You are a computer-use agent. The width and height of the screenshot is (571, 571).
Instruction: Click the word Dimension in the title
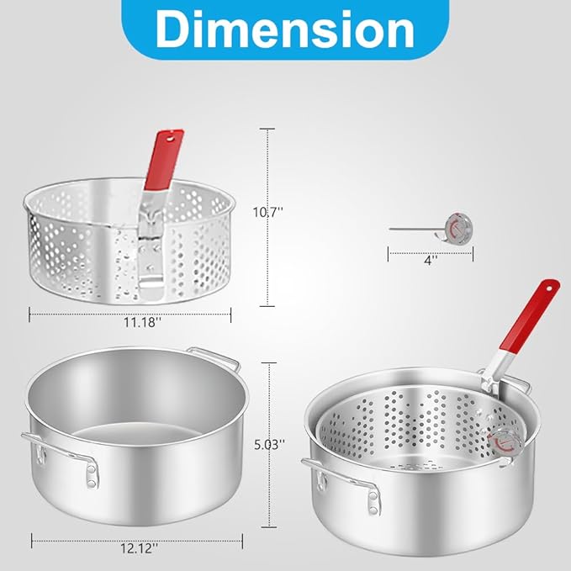285,29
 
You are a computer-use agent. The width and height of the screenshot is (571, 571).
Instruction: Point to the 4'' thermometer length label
431,261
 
